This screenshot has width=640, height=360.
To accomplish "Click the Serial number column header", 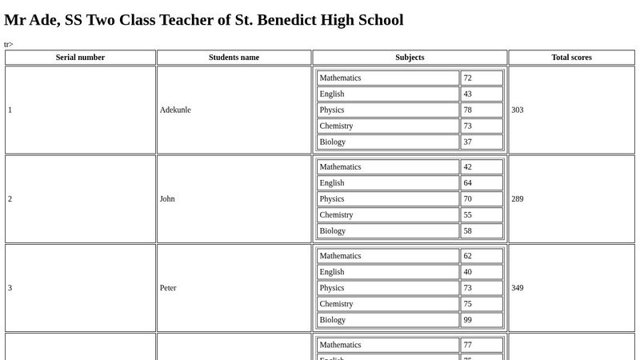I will point(80,58).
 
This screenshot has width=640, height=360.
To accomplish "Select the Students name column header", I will point(234,58).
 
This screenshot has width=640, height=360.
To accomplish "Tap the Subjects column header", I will point(410,58).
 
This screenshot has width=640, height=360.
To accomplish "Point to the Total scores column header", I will point(571,58).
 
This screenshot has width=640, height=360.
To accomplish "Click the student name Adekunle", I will point(175,110).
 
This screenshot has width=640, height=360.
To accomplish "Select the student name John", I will point(167,198).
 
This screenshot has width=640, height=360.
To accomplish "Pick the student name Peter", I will point(168,288).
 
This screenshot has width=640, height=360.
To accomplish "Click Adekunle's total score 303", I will point(518,110).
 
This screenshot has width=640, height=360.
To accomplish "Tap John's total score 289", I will point(518,198).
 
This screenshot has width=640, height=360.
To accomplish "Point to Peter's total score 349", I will point(518,288).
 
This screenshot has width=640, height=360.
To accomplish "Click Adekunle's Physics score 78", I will point(468,110).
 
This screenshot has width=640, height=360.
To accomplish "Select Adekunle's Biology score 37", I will point(468,142).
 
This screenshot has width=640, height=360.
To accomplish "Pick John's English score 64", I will point(468,183).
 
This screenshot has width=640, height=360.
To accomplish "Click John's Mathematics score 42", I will point(468,167).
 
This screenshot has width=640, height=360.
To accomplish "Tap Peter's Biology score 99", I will point(468,320).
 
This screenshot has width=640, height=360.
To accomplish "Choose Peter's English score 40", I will point(468,272).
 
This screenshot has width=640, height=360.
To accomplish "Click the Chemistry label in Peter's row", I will point(336,304).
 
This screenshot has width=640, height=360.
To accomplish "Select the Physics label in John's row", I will point(332,199).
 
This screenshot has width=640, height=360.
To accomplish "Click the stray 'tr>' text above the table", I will point(9,44).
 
